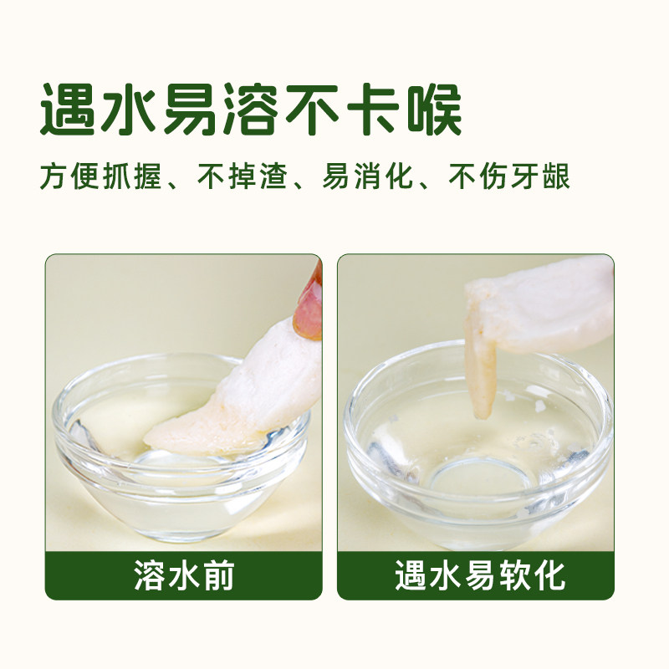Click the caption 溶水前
click(x=183, y=575)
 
